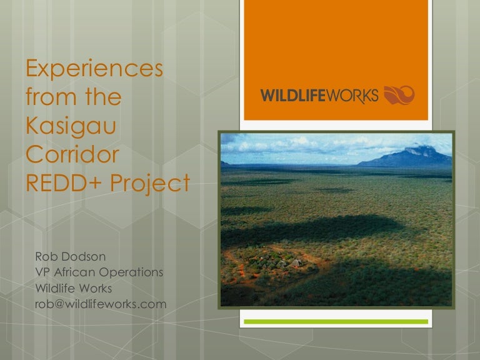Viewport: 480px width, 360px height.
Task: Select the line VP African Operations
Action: coord(99,272)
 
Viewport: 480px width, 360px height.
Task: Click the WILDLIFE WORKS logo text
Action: coord(319,96)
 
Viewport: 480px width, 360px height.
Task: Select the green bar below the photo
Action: coord(335,321)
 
